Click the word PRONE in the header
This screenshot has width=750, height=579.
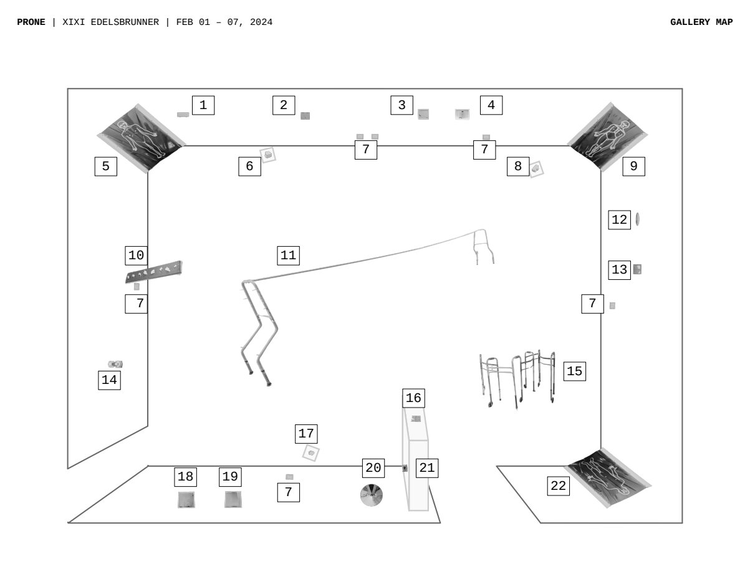point(31,22)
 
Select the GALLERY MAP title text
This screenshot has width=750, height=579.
point(701,22)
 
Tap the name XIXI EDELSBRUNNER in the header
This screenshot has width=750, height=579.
point(111,22)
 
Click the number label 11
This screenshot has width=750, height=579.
point(288,256)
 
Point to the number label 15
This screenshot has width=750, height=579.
point(574,371)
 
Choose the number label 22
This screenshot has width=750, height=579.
point(558,486)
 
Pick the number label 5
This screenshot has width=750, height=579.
point(105,166)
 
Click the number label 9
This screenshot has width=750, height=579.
point(633,166)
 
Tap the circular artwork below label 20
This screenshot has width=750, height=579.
point(371,495)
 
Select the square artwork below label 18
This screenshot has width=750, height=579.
point(186,500)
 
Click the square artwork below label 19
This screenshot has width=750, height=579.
point(233,499)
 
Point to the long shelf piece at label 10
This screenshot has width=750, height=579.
point(154,272)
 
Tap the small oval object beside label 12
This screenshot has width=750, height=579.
point(637,219)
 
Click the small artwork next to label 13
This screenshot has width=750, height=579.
point(637,269)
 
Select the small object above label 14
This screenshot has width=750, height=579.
point(115,364)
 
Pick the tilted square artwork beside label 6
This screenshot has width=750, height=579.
point(268,155)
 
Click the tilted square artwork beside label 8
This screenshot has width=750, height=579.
point(536,168)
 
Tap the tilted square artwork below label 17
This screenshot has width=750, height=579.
point(311,453)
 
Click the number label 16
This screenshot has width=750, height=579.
point(413,398)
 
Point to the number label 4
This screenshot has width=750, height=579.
point(491,105)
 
